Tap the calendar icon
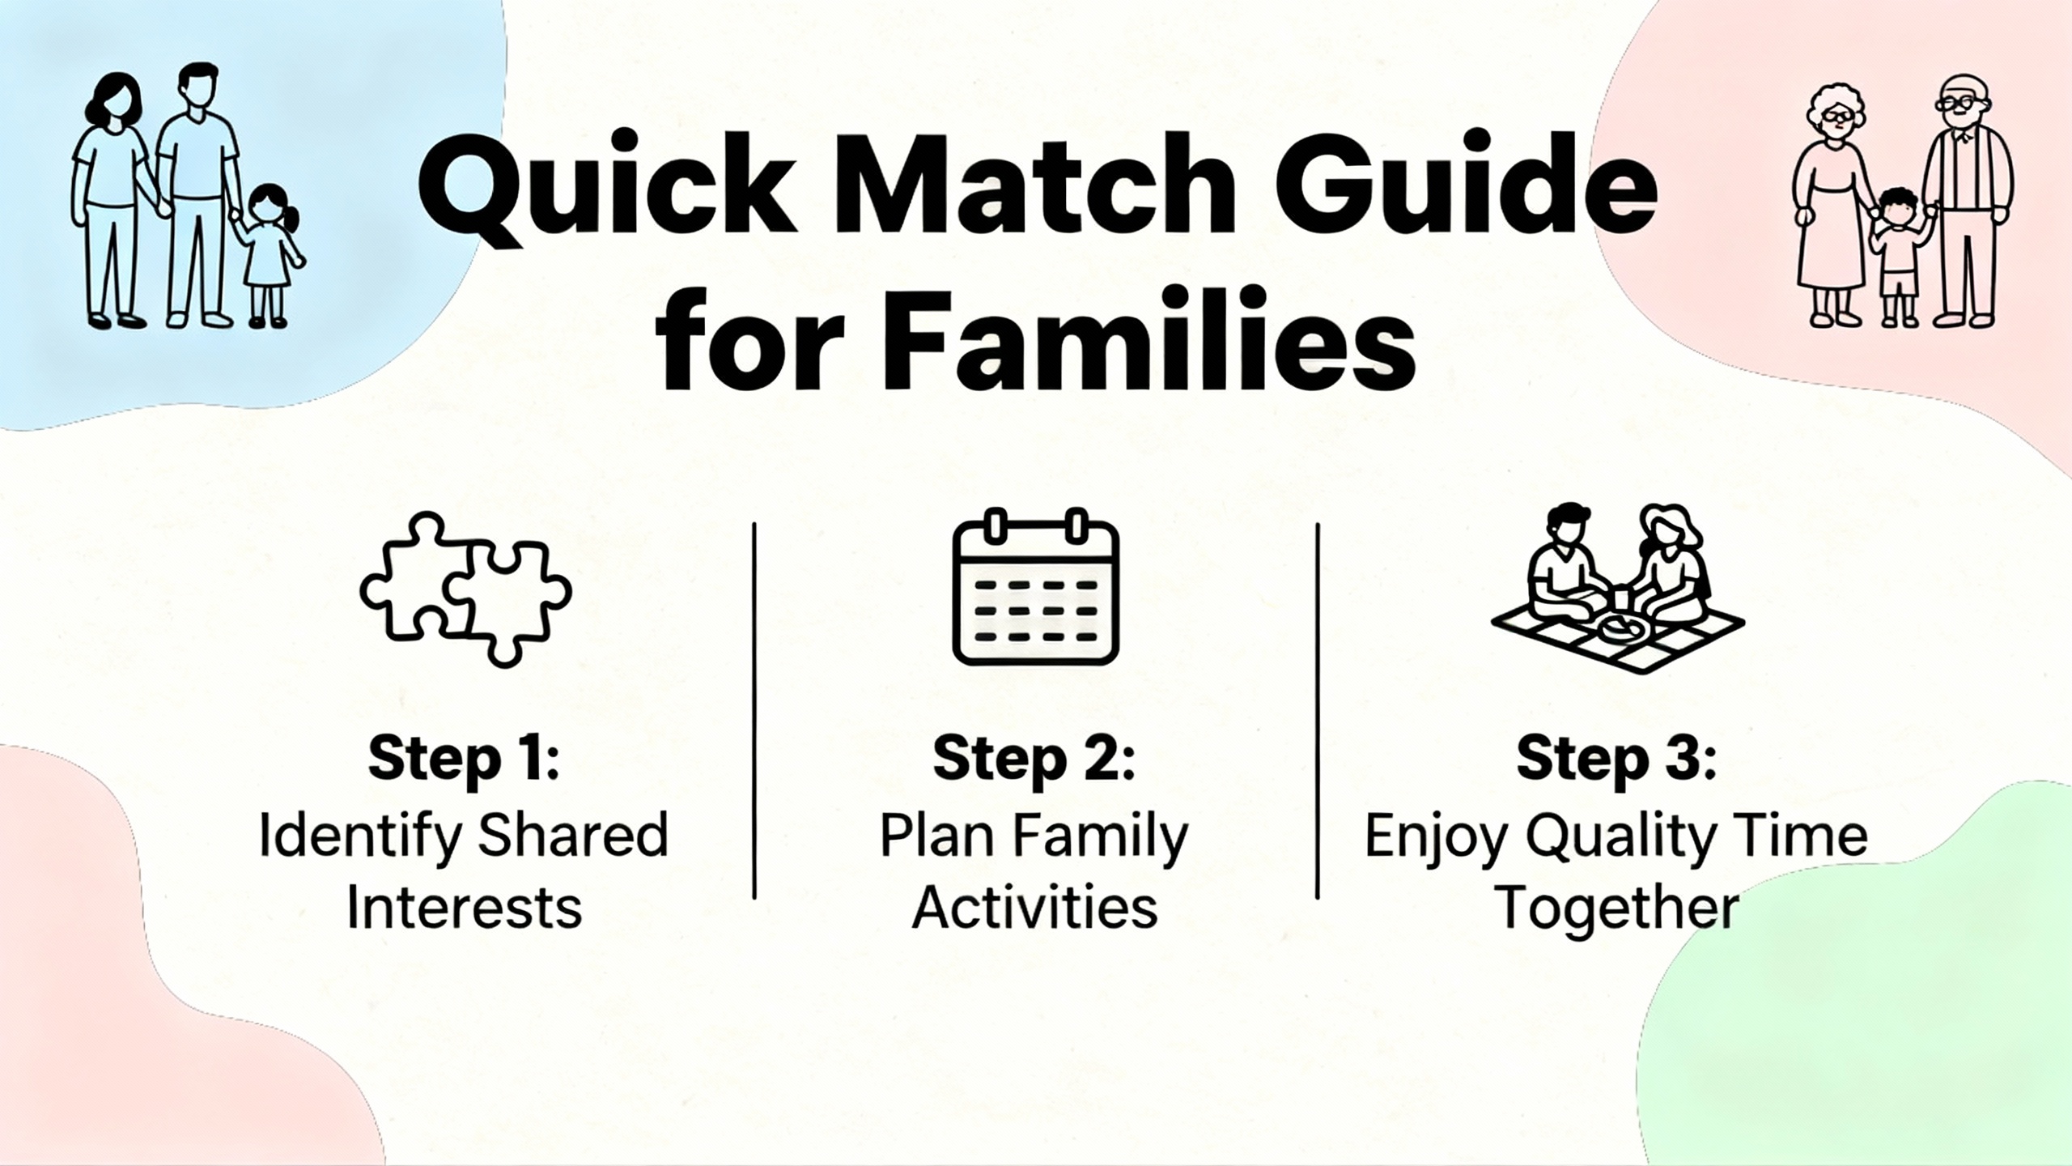tap(1036, 586)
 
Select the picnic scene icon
tap(1617, 589)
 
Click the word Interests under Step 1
tap(465, 908)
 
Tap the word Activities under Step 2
tap(1035, 908)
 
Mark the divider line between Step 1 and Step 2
tap(754, 710)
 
